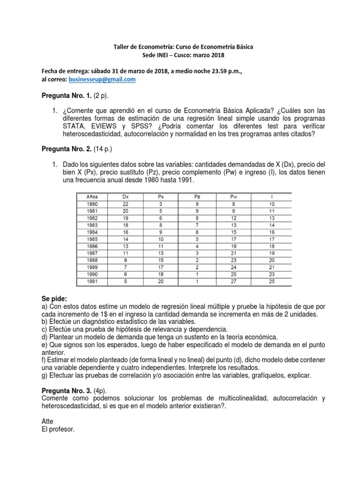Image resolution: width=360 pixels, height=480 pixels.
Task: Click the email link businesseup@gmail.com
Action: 102,80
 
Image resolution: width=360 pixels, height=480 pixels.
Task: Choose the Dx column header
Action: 125,197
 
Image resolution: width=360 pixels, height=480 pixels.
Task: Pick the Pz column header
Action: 197,197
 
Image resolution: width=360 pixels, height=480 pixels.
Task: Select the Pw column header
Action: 234,197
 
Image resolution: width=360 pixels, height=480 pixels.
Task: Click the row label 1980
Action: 92,204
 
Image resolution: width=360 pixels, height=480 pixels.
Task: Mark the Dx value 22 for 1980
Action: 125,204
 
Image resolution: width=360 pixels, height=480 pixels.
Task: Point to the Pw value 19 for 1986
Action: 234,247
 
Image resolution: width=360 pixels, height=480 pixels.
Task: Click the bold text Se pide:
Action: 54,299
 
